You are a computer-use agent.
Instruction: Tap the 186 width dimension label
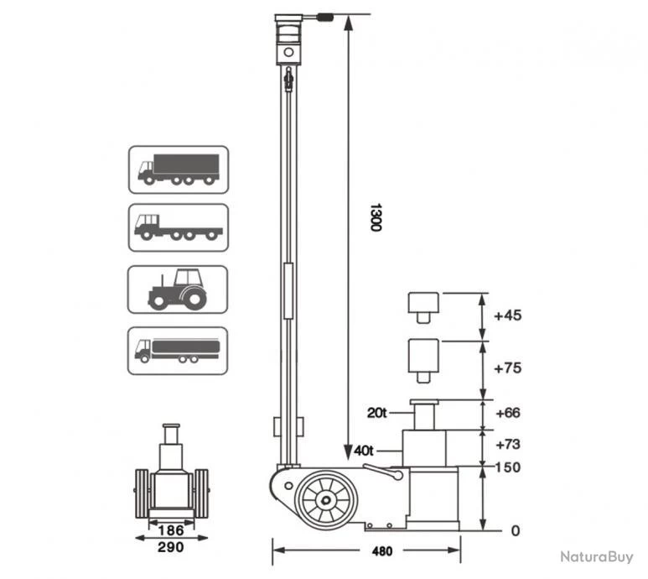click(x=171, y=529)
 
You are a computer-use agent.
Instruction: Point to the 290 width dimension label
click(x=171, y=546)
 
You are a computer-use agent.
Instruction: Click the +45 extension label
click(x=508, y=316)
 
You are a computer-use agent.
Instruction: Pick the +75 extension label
click(x=508, y=368)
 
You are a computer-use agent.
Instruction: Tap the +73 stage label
click(x=508, y=444)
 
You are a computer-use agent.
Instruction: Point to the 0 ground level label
click(x=516, y=530)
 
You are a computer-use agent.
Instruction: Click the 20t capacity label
click(x=377, y=412)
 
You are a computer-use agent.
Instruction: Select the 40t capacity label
click(x=364, y=451)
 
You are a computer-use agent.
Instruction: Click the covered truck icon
click(x=178, y=170)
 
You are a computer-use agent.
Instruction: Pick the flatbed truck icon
click(x=178, y=227)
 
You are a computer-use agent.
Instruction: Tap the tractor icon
click(x=178, y=289)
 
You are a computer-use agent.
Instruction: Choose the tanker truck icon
click(x=178, y=350)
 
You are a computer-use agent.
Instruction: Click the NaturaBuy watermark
click(x=597, y=556)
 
